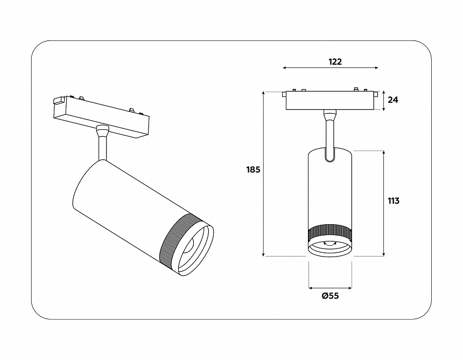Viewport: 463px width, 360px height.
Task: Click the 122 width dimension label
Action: pyautogui.click(x=335, y=61)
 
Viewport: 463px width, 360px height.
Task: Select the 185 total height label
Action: pyautogui.click(x=253, y=169)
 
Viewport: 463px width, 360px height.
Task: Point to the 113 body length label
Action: pyautogui.click(x=393, y=200)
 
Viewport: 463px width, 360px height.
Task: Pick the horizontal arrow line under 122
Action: pyautogui.click(x=330, y=68)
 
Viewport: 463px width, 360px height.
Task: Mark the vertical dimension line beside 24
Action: pyautogui.click(x=383, y=100)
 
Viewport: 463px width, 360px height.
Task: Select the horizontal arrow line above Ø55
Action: pyautogui.click(x=329, y=288)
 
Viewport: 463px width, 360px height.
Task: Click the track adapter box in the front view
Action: pyautogui.click(x=329, y=101)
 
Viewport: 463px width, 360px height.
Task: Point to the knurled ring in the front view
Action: pyautogui.click(x=329, y=234)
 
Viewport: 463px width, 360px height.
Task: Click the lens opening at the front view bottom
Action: pyautogui.click(x=329, y=248)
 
